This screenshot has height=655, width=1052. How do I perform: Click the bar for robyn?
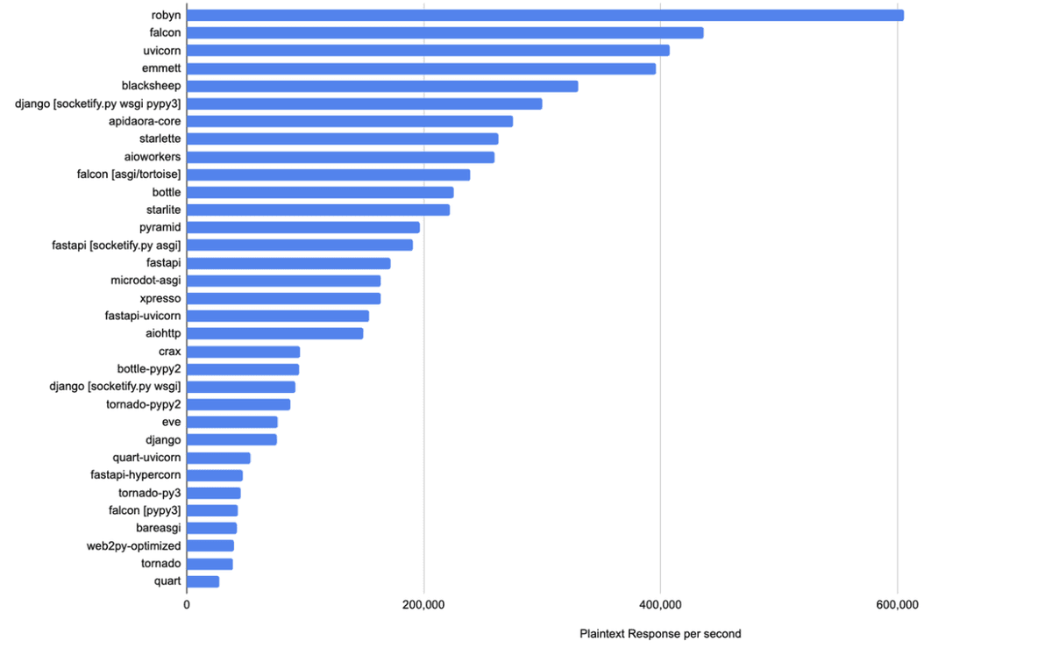544,15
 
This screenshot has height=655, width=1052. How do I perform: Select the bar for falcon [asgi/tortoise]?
329,174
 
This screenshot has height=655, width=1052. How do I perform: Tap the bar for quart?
203,581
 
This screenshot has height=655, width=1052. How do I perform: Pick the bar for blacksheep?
382,86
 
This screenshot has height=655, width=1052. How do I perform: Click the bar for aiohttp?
275,333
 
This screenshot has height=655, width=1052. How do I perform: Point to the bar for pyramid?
303,227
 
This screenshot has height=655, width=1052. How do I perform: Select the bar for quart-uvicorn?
218,458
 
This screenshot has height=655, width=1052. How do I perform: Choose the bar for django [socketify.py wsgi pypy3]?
365,103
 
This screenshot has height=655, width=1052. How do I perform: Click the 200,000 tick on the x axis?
423,605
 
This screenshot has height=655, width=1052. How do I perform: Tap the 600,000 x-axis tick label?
897,605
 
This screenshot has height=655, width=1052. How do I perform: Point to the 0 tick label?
187,605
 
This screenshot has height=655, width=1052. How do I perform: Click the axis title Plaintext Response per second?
660,634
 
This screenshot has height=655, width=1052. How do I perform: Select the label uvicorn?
161,50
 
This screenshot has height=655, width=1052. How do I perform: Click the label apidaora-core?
145,121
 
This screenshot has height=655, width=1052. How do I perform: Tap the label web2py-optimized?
133,545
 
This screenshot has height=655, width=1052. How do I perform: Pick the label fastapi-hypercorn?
135,475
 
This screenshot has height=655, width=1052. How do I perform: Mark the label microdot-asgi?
146,281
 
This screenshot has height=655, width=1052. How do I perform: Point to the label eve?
171,422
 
